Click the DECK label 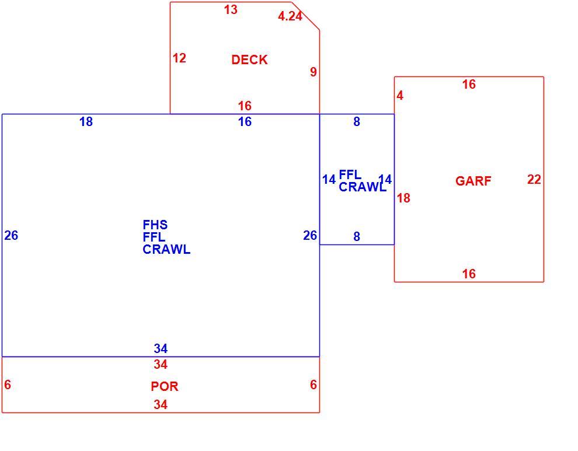click(x=249, y=60)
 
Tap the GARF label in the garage click(x=473, y=181)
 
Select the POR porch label click(x=165, y=386)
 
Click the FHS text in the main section click(x=155, y=225)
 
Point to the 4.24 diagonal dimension click(x=290, y=16)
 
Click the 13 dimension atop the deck click(x=231, y=9)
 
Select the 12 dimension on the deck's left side click(x=179, y=58)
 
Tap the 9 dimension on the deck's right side click(x=314, y=72)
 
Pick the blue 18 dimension click(x=86, y=121)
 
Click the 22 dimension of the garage click(x=534, y=180)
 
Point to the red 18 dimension click(x=403, y=198)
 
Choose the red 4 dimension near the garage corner click(x=400, y=96)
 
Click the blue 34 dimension click(x=161, y=348)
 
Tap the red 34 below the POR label click(x=161, y=404)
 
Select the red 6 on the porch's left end click(x=8, y=384)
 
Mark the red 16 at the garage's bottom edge click(x=469, y=274)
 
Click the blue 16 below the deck click(x=245, y=121)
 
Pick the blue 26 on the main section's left click(x=11, y=236)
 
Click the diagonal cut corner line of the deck click(x=305, y=16)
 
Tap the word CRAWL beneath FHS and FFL click(x=166, y=250)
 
